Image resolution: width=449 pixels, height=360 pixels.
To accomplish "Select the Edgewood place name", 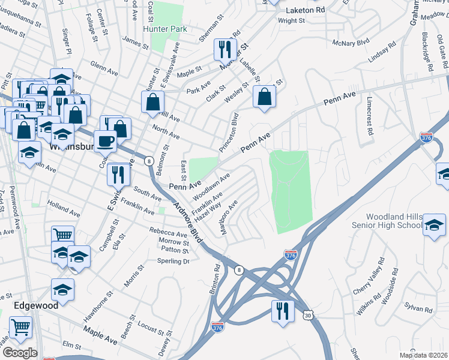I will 37,305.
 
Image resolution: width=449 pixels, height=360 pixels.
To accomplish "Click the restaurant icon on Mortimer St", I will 225,50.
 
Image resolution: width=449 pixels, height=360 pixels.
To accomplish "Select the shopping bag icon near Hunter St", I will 153,101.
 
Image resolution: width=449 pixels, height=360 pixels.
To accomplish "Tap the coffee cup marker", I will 106,141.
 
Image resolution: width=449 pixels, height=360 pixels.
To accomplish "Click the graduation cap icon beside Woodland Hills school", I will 434,225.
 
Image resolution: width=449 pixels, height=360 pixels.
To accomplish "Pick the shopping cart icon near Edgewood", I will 21,328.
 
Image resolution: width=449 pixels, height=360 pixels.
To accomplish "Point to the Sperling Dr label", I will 173,262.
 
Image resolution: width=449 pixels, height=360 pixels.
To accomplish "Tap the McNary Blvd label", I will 353,43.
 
